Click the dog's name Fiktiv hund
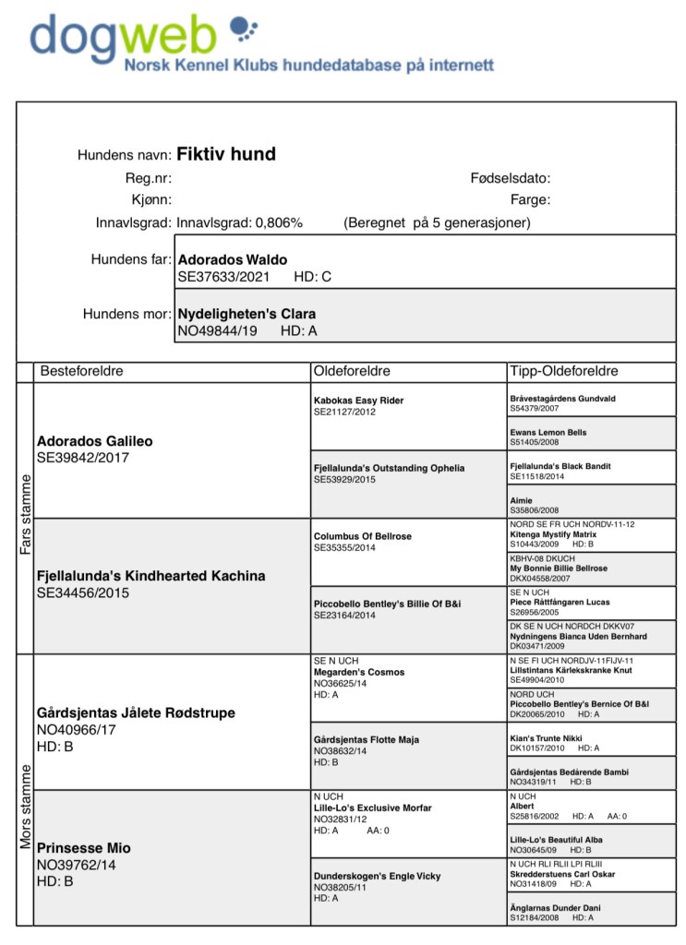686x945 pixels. point(225,154)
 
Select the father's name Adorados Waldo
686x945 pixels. point(232,260)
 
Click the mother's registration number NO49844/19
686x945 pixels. point(218,330)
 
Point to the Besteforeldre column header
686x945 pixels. point(80,371)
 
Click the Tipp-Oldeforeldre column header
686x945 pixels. point(563,371)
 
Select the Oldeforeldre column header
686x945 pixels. point(353,371)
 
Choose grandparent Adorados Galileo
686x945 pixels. point(95,441)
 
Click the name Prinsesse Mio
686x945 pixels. point(84,847)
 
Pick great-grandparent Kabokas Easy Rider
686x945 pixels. point(359,401)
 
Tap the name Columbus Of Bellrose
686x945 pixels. point(363,536)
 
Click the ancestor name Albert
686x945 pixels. point(523,806)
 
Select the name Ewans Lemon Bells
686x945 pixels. point(548,432)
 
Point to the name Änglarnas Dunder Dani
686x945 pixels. point(555,908)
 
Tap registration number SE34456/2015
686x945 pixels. point(83,592)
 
